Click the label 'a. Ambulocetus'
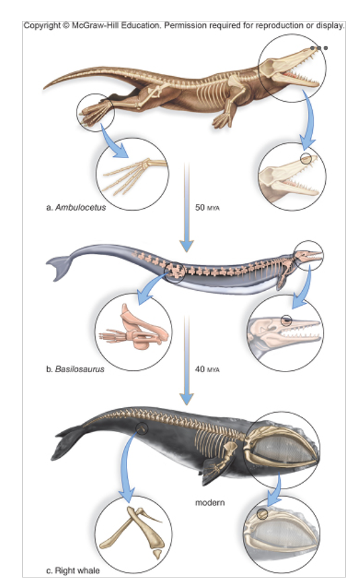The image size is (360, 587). pyautogui.click(x=76, y=207)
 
